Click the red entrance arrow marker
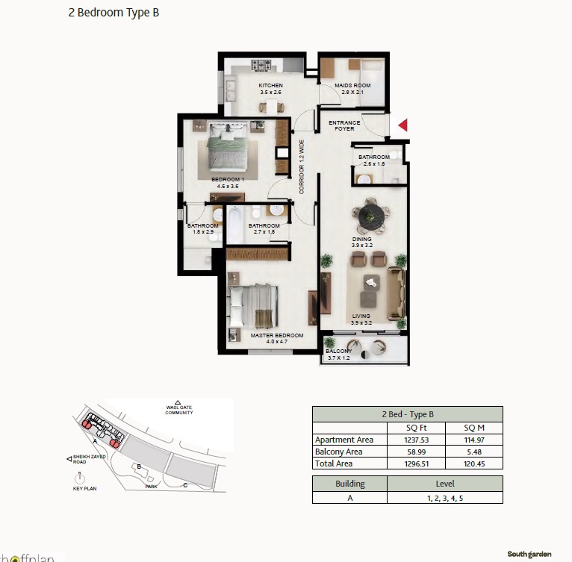click(403, 125)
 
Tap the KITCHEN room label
click(270, 86)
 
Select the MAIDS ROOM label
click(349, 86)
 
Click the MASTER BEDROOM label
click(276, 336)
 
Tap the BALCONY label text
click(338, 351)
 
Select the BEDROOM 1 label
click(226, 180)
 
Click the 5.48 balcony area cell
click(473, 452)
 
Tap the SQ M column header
click(473, 428)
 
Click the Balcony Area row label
click(339, 452)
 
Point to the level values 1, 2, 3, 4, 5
click(444, 497)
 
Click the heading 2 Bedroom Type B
click(114, 13)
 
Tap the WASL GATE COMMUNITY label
click(179, 410)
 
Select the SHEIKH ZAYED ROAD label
click(90, 459)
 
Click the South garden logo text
click(529, 554)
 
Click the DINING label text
click(362, 240)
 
